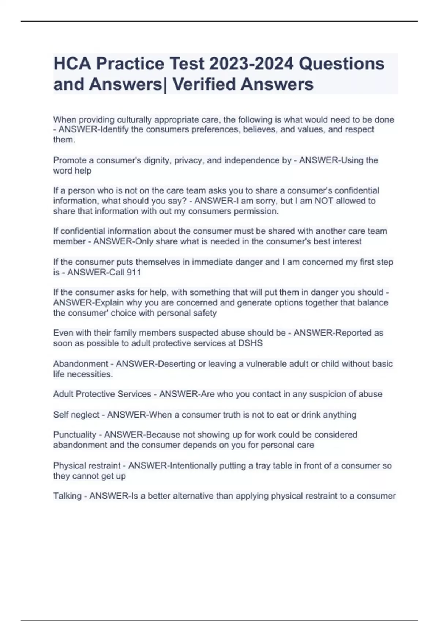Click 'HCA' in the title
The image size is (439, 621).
pyautogui.click(x=72, y=64)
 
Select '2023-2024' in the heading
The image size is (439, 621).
pyautogui.click(x=251, y=64)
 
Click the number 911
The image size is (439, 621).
pyautogui.click(x=134, y=272)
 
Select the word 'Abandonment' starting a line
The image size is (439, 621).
pyautogui.click(x=80, y=364)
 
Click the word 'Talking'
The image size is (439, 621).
pyautogui.click(x=67, y=496)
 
